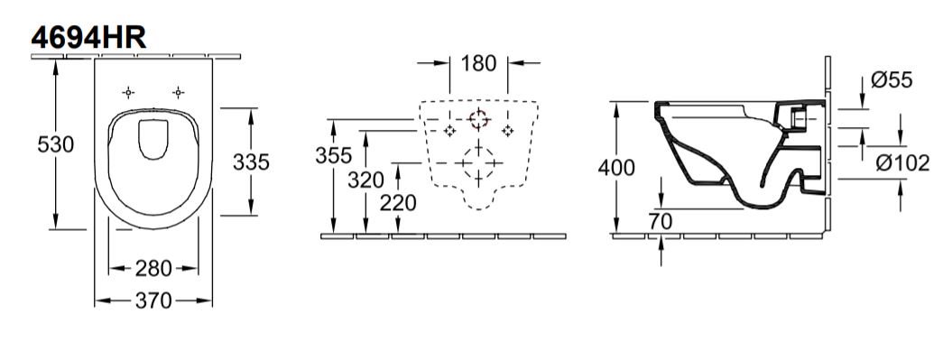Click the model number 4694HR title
point(88,38)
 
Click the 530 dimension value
point(56,144)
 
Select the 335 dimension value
point(251,162)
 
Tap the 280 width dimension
point(153,268)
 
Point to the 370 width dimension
point(153,300)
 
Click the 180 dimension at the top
point(478,63)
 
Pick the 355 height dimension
point(333,156)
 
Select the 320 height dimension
point(365,180)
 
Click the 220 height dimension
point(398,203)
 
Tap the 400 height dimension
point(616,168)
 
